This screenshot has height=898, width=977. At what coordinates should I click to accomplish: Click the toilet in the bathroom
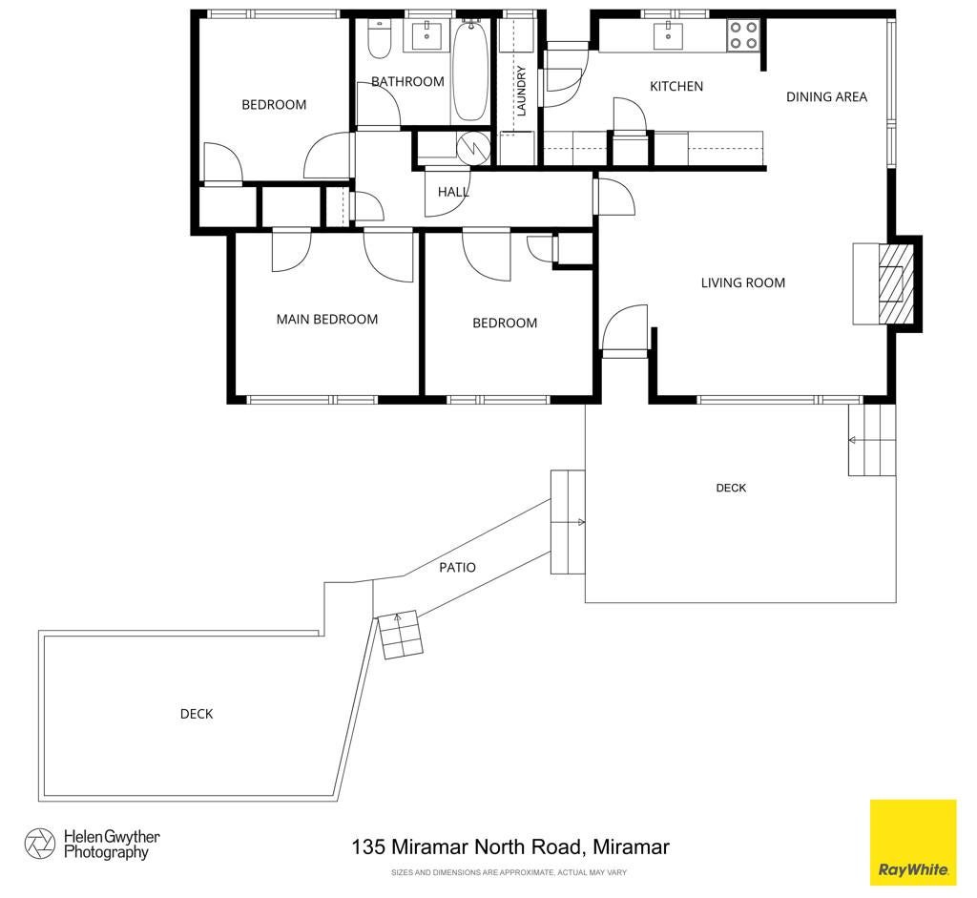[379, 38]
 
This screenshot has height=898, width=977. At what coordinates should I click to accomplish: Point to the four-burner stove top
[743, 35]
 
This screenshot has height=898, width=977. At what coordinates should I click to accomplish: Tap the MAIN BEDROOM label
[327, 319]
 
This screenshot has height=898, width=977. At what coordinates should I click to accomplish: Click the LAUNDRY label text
[522, 91]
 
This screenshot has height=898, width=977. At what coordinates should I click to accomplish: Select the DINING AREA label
[826, 96]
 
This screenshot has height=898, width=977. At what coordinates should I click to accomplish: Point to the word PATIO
[457, 567]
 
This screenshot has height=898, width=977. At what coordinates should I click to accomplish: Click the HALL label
[453, 192]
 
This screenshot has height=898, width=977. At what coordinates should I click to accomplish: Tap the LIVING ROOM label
[742, 282]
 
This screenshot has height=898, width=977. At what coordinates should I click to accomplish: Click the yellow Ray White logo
[913, 843]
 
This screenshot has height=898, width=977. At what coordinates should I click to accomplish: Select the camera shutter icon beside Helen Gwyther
[40, 844]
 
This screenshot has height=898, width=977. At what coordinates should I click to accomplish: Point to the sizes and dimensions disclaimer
[509, 872]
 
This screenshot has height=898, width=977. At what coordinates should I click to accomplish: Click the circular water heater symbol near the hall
[473, 148]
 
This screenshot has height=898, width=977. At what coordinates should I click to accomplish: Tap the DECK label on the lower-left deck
[197, 714]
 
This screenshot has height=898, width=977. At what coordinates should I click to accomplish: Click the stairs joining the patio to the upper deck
[568, 522]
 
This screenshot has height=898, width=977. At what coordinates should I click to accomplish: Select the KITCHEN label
[676, 87]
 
